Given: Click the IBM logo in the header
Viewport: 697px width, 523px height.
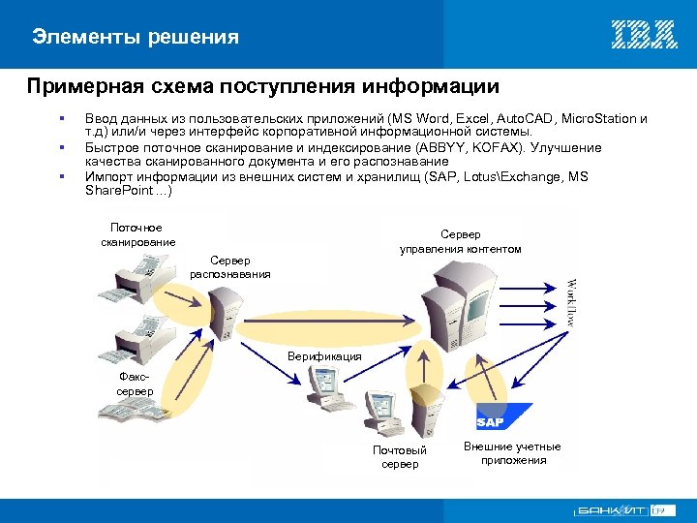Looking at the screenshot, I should [644, 35].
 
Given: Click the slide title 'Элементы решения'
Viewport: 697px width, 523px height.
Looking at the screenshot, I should [135, 37].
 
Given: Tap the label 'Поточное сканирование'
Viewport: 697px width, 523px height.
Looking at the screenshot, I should [137, 234].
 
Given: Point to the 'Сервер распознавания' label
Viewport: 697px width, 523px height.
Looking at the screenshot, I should [230, 267].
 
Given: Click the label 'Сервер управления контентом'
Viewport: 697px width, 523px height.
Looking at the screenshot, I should [460, 241].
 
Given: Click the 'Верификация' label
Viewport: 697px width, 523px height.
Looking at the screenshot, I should [324, 356].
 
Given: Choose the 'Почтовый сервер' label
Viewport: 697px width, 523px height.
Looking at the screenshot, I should [400, 457].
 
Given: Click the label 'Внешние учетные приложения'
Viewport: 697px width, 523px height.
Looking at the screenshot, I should [512, 452].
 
